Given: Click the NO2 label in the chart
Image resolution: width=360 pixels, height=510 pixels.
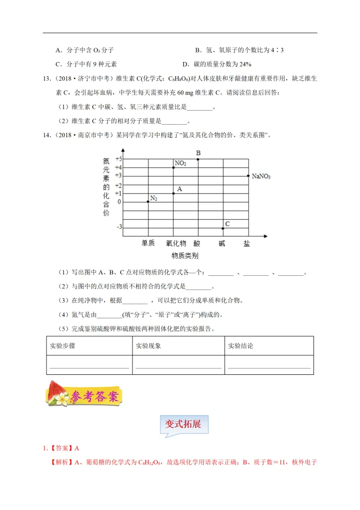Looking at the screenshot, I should coord(180,163).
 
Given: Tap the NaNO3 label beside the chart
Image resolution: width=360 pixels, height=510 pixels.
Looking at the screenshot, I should coord(261,176).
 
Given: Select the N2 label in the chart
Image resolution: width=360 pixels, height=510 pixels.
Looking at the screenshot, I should coord(154,199).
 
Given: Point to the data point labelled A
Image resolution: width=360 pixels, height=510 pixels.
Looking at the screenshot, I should coord(173,193).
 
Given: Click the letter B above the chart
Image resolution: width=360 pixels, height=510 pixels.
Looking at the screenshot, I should coord(198,153).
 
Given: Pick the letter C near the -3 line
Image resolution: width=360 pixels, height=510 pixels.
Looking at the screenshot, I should coord(227,224).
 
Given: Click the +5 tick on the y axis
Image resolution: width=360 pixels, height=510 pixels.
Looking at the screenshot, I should coord(118,159).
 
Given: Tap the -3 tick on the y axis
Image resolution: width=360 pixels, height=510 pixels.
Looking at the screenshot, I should coord(118,227).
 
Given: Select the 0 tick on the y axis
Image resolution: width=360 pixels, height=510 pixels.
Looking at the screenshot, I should coord(119,202).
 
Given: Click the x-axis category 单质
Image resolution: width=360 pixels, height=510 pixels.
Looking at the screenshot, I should coord(148,243).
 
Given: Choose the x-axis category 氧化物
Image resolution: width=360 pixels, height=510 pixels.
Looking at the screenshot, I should coord(176,243).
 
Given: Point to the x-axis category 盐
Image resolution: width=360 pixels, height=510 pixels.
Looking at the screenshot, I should coord(247,243).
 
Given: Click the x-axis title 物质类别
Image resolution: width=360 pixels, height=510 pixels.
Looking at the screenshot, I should coord(184,256).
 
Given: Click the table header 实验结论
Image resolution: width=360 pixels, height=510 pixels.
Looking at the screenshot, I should coord(240,346).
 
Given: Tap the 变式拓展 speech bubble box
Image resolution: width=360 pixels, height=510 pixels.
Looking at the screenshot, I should coord(183,424).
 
